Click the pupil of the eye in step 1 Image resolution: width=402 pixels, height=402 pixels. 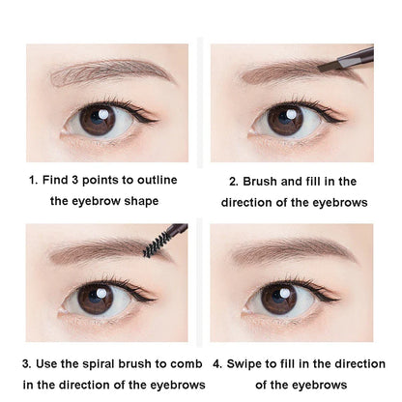[x=98, y=121]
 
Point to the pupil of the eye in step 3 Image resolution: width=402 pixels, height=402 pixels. [x=98, y=298]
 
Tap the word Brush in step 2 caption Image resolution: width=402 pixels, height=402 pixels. [x=265, y=181]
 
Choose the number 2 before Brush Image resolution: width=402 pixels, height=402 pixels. [x=233, y=181]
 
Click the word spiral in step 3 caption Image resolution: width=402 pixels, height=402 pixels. [x=105, y=363]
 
